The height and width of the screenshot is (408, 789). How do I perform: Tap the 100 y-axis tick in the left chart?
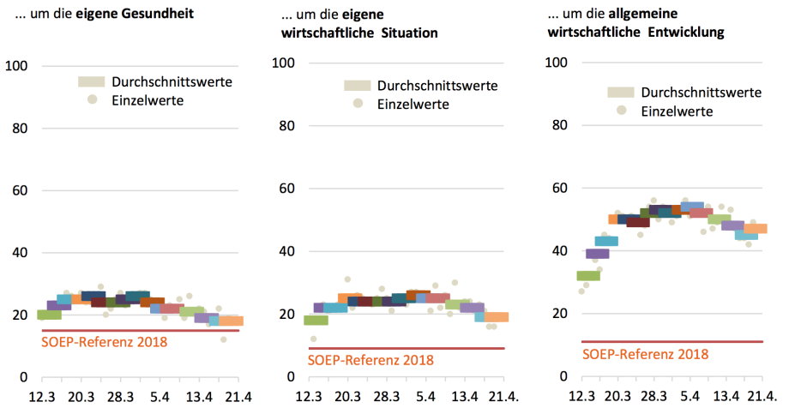[x=16, y=66]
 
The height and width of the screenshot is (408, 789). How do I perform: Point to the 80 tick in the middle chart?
[x=286, y=126]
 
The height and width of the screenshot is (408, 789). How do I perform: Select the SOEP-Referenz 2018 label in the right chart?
[x=645, y=353]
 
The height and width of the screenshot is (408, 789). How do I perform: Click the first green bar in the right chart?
[x=588, y=275]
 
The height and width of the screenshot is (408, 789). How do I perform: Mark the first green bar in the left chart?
[x=49, y=315]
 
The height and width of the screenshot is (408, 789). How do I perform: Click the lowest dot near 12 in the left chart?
[x=224, y=339]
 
